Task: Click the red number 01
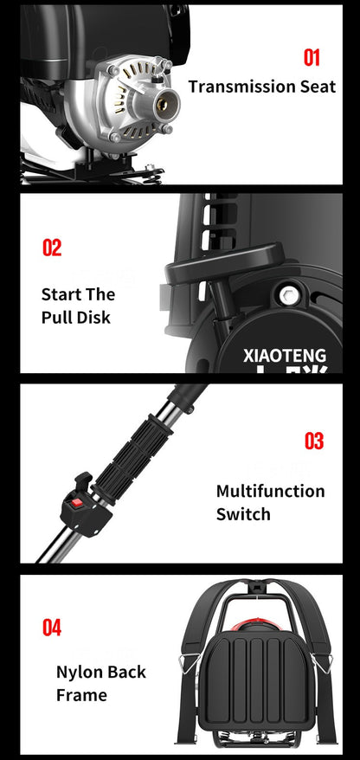coord(312,58)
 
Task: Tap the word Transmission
coord(236,87)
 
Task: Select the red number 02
coord(52,248)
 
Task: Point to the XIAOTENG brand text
coord(285,356)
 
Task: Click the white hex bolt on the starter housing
coord(289,294)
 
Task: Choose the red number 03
coord(313,441)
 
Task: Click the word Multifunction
coord(270,491)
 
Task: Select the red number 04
coord(52,628)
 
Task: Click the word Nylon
coord(79,673)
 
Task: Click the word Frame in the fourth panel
coord(81,695)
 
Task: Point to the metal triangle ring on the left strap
coord(190,662)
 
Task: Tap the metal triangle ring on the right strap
coord(321,662)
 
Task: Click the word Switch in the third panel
coord(243,514)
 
